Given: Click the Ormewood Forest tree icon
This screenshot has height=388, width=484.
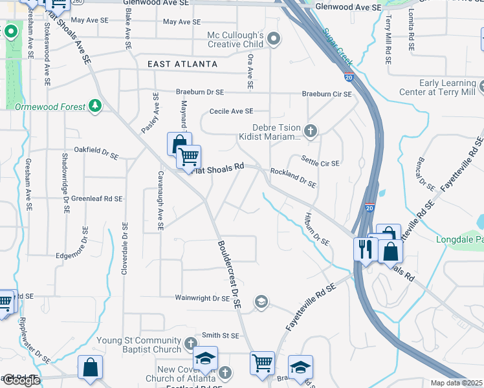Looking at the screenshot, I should (96, 105).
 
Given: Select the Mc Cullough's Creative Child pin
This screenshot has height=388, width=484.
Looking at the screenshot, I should (274, 39).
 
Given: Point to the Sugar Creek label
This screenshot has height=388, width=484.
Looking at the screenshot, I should (338, 47).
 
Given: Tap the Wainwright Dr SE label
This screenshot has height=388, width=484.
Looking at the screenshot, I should (203, 299).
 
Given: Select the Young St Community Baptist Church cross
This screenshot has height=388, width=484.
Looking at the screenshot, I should (190, 343).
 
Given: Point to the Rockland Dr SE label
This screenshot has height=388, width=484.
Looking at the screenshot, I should (293, 177).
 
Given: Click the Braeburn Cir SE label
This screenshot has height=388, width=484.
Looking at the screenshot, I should (327, 94).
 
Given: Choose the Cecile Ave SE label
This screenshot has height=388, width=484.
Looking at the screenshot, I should (231, 111).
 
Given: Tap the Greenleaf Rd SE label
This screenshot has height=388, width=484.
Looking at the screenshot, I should (96, 199).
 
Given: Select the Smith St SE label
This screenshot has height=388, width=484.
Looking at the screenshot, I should (221, 336).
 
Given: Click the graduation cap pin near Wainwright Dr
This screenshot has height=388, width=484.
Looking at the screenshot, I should (261, 301).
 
